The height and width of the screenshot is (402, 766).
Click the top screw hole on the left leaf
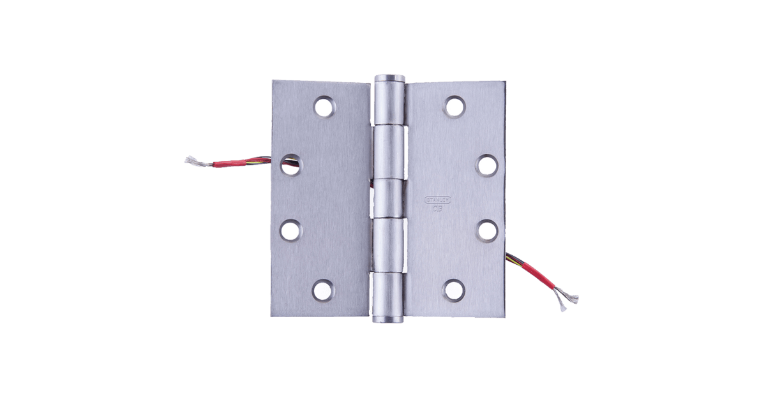click(324, 107)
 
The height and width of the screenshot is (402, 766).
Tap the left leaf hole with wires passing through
click(290, 165)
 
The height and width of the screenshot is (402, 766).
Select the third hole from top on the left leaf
click(290, 229)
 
